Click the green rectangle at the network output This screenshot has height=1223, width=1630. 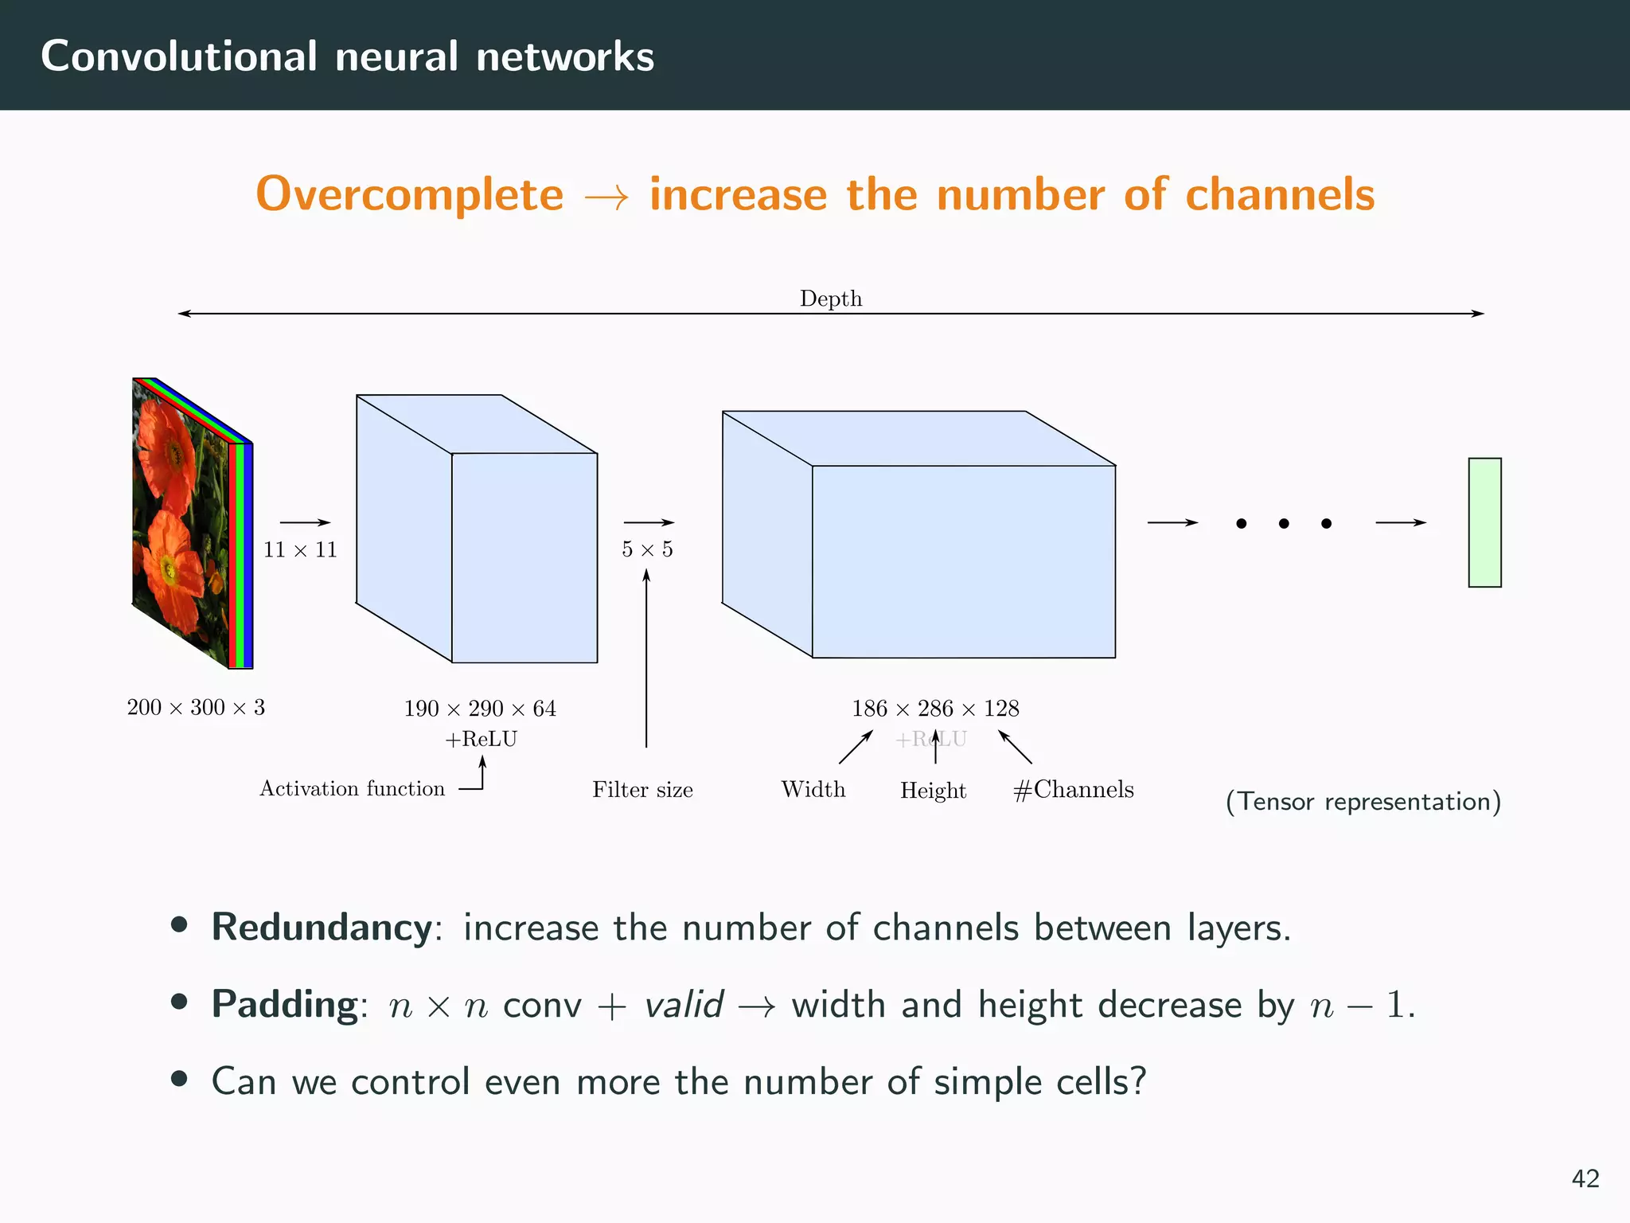click(x=1484, y=522)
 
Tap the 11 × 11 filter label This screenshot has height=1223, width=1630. click(x=300, y=549)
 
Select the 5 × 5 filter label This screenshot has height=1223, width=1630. click(x=647, y=549)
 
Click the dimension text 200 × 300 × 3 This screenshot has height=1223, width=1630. click(x=196, y=707)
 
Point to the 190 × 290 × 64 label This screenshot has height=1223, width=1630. click(x=480, y=709)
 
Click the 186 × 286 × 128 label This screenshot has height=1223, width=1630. click(x=935, y=709)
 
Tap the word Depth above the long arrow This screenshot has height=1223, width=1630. click(x=830, y=299)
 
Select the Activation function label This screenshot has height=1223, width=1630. click(x=352, y=788)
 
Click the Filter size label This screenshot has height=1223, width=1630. click(x=642, y=790)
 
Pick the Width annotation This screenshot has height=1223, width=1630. click(x=813, y=789)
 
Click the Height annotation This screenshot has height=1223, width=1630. click(x=933, y=791)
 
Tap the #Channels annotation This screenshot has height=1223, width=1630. click(x=1073, y=789)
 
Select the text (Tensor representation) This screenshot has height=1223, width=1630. click(x=1363, y=801)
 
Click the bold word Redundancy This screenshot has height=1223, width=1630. click(x=322, y=928)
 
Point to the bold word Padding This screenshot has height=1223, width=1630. click(x=285, y=1004)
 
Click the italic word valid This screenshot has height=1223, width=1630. click(x=683, y=1004)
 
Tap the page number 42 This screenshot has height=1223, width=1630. click(x=1585, y=1178)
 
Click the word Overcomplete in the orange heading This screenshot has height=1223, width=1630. click(x=409, y=194)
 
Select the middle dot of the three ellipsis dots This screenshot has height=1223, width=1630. click(x=1284, y=523)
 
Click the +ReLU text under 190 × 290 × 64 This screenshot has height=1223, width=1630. click(x=481, y=740)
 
